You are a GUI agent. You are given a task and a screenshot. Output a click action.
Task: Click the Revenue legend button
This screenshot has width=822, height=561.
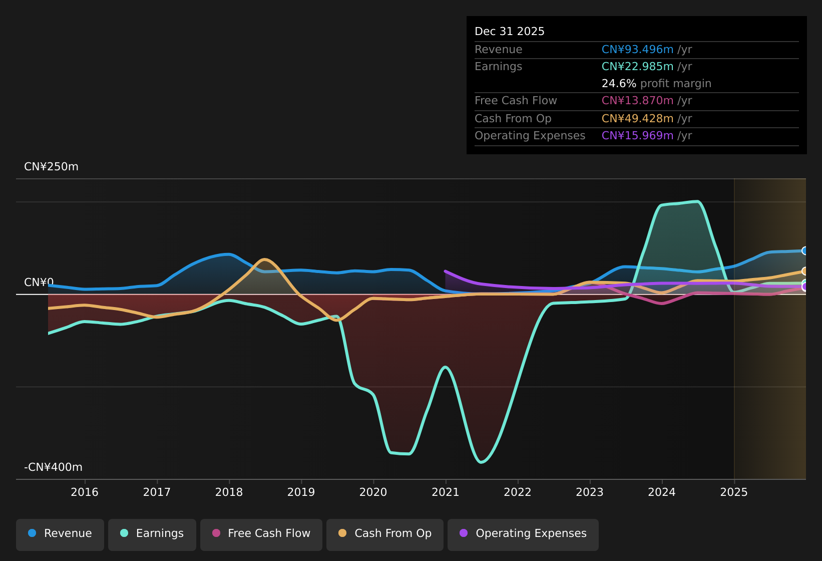[60, 533]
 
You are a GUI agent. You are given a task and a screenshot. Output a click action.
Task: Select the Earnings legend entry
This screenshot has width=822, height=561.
[152, 533]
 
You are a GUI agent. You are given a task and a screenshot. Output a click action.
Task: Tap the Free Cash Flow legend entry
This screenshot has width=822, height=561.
[261, 533]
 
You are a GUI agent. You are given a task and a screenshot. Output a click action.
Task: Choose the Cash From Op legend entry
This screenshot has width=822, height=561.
[385, 533]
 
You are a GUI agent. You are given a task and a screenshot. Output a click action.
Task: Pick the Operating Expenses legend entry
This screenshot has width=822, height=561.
[523, 533]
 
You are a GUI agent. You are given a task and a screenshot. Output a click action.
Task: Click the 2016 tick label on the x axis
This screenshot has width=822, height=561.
[85, 492]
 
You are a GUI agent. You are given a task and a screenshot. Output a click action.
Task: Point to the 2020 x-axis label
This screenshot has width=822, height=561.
[373, 492]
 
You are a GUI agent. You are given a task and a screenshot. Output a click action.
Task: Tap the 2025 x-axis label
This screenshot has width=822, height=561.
[734, 492]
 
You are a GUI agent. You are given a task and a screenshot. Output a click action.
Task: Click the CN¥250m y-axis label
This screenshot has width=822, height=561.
[51, 167]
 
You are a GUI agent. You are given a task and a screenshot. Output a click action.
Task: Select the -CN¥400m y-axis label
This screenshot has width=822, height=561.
[53, 467]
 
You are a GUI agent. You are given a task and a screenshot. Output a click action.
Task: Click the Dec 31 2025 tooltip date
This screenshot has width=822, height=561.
[509, 32]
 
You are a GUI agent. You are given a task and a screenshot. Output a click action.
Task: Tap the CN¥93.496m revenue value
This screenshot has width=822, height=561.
[637, 50]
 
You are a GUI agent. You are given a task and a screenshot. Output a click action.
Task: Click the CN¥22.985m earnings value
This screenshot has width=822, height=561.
[637, 67]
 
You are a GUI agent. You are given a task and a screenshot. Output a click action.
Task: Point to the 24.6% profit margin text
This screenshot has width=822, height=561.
[656, 84]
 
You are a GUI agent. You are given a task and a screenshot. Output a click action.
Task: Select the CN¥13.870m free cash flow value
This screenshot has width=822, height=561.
[637, 101]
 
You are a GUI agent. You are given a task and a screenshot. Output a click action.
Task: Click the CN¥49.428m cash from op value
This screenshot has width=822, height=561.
[637, 119]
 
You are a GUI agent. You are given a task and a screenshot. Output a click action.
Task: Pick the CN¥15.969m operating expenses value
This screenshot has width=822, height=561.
[637, 136]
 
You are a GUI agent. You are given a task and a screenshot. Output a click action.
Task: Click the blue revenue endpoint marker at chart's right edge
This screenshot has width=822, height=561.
[805, 251]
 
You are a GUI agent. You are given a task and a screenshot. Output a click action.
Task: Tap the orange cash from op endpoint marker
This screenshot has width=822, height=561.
[805, 271]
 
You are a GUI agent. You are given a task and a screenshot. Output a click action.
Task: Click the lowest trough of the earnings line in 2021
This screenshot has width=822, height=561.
[481, 462]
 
